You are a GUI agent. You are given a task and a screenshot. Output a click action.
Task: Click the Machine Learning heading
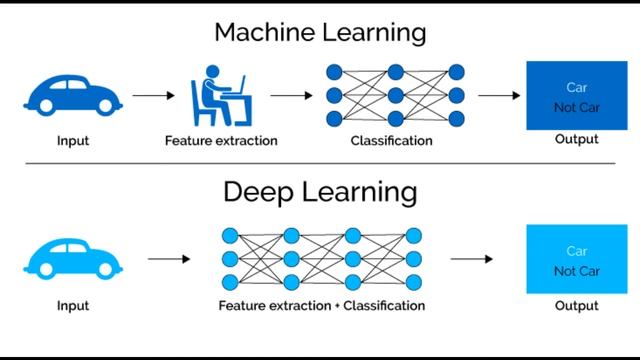pos(320,32)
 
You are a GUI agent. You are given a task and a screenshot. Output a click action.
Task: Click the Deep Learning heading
pos(320,192)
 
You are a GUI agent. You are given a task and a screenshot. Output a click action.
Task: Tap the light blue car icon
pos(73,258)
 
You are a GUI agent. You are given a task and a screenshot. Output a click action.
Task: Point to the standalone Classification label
pos(391,141)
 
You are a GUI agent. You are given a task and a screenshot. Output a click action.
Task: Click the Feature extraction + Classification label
pos(322,305)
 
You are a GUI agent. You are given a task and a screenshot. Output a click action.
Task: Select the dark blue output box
pos(561,95)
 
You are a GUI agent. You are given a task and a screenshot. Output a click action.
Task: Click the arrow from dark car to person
pos(152,96)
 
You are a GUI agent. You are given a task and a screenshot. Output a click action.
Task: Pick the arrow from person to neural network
pos(291,96)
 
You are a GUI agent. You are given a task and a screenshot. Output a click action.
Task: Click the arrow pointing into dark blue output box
pos(498,96)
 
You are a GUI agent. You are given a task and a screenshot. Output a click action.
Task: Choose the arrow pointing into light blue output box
pos(470,259)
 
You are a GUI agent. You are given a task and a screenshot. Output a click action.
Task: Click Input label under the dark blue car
pos(73,141)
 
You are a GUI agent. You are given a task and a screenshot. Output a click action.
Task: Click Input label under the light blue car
pos(73,305)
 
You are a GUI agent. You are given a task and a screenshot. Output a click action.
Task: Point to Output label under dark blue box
pos(576,139)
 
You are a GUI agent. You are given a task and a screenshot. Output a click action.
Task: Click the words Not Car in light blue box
pos(576,271)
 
